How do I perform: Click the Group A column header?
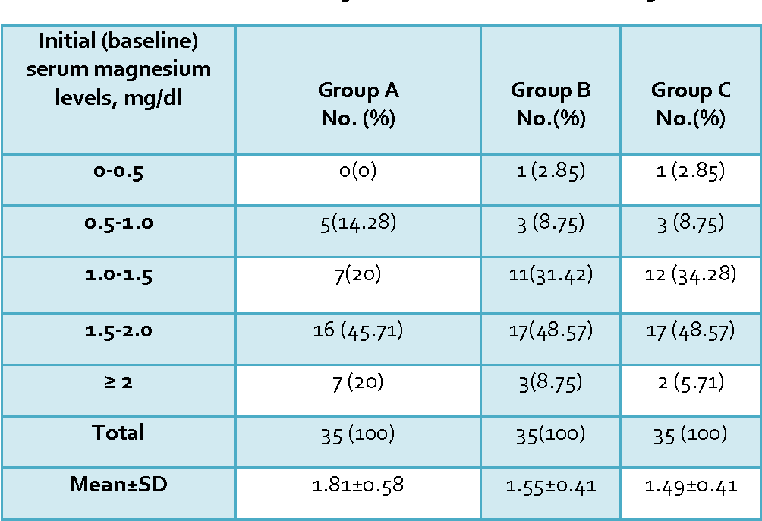pos(358,103)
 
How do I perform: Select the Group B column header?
pos(550,103)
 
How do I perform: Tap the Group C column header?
pos(691,103)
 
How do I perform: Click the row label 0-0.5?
pos(118,172)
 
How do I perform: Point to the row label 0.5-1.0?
pos(118,223)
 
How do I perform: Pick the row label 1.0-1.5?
pos(118,276)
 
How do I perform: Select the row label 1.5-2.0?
pos(118,331)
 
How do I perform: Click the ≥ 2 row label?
pos(118,382)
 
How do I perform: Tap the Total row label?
pos(118,432)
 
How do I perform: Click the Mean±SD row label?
pos(118,484)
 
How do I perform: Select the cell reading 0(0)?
pos(357,171)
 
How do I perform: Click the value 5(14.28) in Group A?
pos(358,223)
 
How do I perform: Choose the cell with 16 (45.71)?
pos(358,331)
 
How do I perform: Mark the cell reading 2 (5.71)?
pos(691,383)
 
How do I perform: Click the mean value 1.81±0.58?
pos(358,485)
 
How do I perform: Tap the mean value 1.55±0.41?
pos(550,486)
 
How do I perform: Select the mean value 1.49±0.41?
pos(691,486)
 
